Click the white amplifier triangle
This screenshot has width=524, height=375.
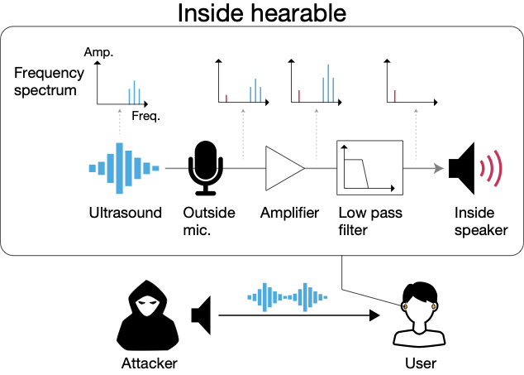282,168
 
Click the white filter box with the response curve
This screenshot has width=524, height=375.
369,167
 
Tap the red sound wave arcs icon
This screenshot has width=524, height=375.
491,168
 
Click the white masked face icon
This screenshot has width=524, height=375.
148,305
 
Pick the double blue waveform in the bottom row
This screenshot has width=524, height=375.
287,297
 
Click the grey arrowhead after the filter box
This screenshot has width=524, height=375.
438,168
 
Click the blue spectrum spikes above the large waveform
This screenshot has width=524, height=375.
134,93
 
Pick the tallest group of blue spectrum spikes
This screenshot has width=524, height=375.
328,84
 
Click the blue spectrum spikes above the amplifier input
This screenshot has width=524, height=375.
255,91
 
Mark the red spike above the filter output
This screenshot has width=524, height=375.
394,96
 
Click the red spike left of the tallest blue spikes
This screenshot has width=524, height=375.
299,96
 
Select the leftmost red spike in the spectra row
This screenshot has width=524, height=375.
226,98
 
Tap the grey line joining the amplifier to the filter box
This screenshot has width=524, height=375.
321,168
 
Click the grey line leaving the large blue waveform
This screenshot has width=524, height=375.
177,168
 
